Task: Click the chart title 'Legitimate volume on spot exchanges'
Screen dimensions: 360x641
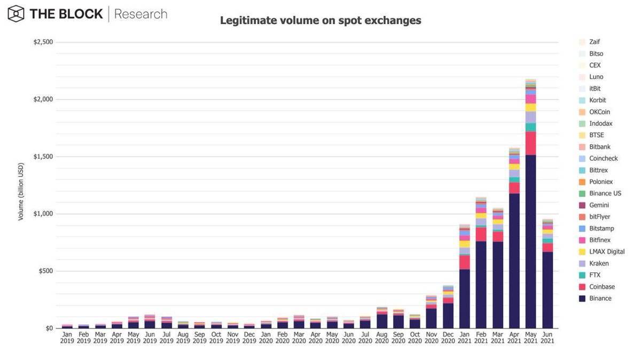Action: click(x=320, y=21)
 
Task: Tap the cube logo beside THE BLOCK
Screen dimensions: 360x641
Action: click(x=16, y=14)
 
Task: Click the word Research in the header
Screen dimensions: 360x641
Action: click(x=140, y=14)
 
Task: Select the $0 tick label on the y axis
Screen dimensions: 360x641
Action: click(x=49, y=328)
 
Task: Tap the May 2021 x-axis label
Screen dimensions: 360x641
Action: click(x=530, y=338)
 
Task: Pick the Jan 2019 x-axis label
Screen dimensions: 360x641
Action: click(x=67, y=338)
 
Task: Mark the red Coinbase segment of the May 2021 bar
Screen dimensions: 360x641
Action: click(x=530, y=143)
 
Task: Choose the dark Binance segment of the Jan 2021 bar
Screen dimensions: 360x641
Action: click(x=465, y=299)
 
